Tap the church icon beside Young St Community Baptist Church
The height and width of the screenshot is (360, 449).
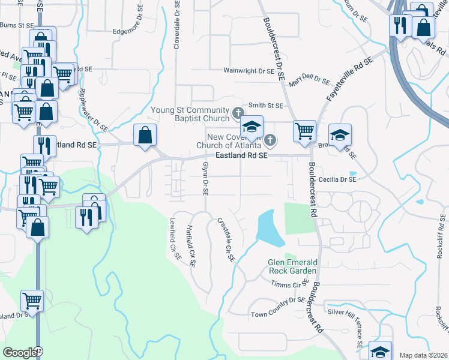click(238, 112)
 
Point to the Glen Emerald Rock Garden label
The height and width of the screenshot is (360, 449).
click(292, 268)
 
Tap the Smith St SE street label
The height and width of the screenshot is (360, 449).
click(265, 106)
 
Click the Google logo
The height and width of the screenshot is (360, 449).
click(19, 353)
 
